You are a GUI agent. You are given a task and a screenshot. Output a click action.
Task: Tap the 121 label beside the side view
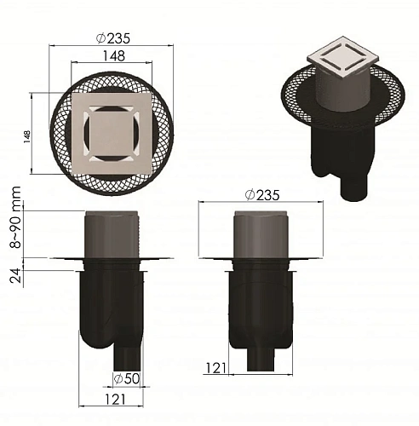click(216, 368)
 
